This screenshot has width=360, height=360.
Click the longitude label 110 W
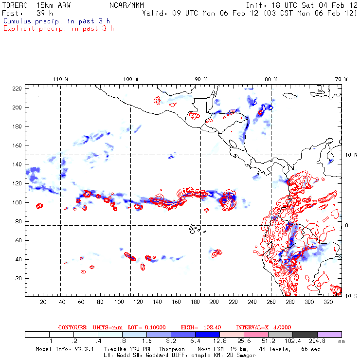(x=60, y=79)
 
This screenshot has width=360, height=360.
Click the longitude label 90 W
(x=200, y=79)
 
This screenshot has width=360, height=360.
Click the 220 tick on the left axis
(x=17, y=89)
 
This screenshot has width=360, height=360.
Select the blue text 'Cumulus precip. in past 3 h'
(x=56, y=21)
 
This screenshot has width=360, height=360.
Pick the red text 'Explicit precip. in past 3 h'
(x=58, y=28)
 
